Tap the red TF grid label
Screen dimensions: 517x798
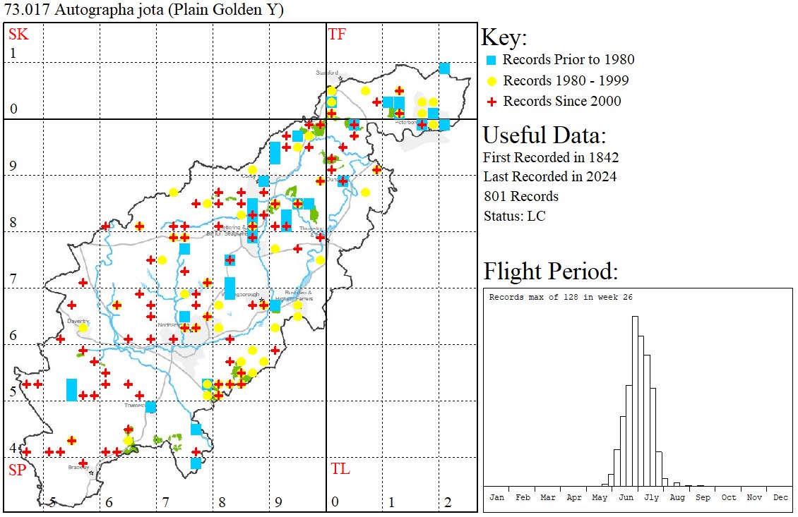coord(337,34)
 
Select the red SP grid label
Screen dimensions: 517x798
coord(17,470)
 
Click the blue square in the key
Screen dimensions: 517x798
coord(492,60)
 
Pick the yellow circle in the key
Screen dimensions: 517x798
coord(492,80)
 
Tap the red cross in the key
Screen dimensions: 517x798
coord(492,101)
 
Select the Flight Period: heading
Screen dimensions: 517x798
coord(551,271)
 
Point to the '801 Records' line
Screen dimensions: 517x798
coord(521,196)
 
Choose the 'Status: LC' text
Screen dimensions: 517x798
coord(514,216)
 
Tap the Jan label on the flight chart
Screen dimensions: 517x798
coord(497,497)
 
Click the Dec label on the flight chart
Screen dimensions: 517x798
coord(780,497)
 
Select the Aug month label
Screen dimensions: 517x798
coord(677,497)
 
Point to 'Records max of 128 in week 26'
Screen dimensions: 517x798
coord(561,297)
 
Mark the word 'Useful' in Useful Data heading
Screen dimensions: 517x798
coord(515,135)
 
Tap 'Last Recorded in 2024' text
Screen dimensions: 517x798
coord(549,176)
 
